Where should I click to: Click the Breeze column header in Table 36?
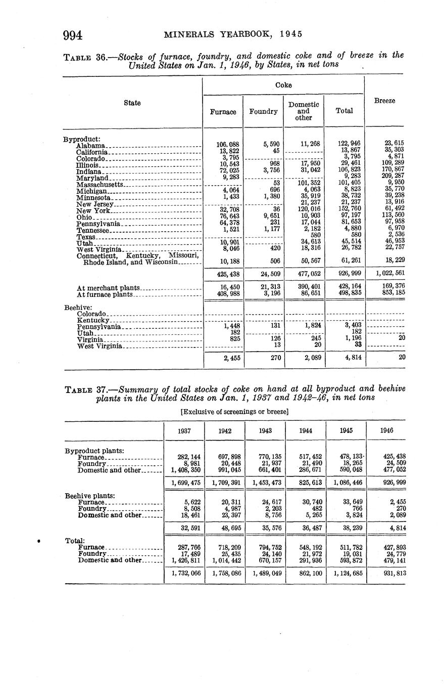tap(384, 101)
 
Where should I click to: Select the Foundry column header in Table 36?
tap(263, 111)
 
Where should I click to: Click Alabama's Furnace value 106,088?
tap(222, 144)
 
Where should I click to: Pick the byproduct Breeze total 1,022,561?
tap(385, 274)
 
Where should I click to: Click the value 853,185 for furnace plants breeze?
tap(392, 293)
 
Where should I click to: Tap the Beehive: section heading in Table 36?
tap(78, 307)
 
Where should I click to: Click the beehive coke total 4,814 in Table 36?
tap(344, 358)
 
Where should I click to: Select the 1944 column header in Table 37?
tap(305, 430)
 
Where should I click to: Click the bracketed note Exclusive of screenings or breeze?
tap(234, 412)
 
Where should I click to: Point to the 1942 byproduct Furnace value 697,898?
tap(225, 456)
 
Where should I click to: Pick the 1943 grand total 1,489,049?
tap(265, 574)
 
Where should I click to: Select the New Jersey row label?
tap(94, 204)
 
